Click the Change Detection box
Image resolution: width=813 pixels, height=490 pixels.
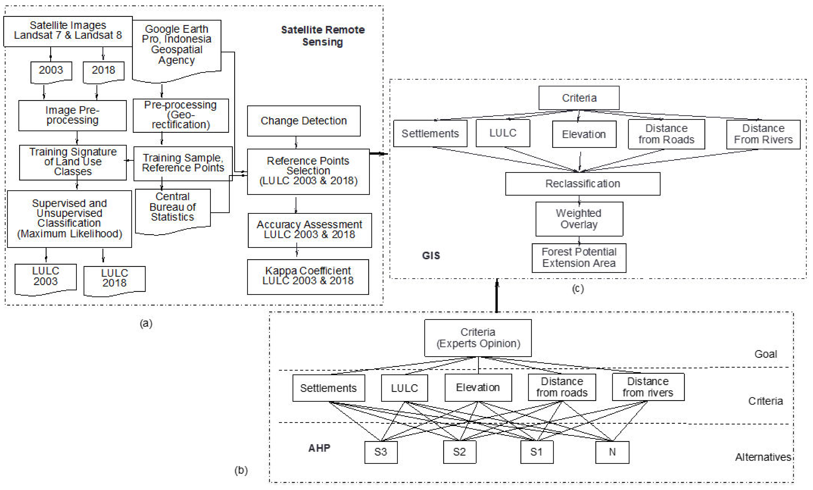click(304, 121)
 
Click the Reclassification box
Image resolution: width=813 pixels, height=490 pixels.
click(582, 184)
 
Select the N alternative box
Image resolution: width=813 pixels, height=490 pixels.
click(612, 452)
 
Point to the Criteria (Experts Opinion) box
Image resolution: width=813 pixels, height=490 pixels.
click(478, 338)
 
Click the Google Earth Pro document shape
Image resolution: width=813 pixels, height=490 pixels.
click(177, 46)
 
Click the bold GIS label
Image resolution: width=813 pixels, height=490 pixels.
click(431, 256)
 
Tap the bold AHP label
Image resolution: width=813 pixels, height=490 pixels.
click(319, 448)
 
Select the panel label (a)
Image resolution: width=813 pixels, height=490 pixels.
click(146, 323)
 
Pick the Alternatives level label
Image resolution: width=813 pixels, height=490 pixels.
click(763, 457)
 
